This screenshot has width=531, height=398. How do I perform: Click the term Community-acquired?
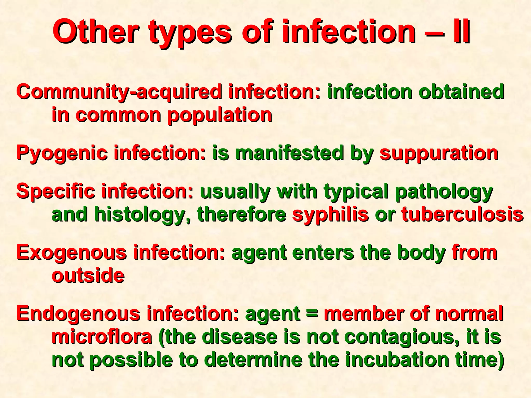point(120,92)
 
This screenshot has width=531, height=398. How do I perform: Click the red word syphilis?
point(330,215)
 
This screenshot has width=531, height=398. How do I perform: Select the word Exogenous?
point(72,253)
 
